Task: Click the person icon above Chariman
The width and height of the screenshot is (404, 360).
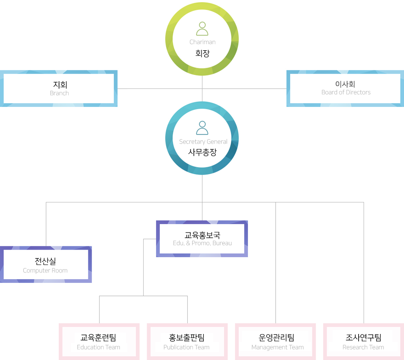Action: [202, 29]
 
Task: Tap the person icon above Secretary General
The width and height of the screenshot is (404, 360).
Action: [202, 128]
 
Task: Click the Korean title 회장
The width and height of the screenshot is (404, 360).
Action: [202, 53]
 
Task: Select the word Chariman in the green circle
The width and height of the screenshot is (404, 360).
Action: [202, 42]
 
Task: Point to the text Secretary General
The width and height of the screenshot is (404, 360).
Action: [203, 142]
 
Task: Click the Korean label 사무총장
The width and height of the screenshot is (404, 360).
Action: [202, 152]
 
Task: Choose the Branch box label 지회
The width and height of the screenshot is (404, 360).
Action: [60, 84]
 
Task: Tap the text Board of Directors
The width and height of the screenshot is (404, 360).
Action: [346, 92]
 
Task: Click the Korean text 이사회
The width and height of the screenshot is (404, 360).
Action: [345, 84]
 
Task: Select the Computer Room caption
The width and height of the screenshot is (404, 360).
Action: [45, 271]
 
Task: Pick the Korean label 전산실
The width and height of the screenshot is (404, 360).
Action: [45, 261]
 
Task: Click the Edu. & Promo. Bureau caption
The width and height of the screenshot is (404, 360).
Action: [202, 243]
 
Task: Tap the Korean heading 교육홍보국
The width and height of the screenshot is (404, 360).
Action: [202, 235]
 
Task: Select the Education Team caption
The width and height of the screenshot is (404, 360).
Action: [98, 347]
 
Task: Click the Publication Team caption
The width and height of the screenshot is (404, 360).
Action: [186, 347]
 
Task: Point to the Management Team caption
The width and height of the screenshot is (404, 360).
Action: [277, 347]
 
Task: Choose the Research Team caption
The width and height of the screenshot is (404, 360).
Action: [363, 347]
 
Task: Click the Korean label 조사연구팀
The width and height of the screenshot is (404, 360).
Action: [363, 338]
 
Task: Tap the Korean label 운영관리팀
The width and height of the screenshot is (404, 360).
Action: [277, 338]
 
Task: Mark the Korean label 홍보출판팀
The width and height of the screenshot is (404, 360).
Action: [186, 338]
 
